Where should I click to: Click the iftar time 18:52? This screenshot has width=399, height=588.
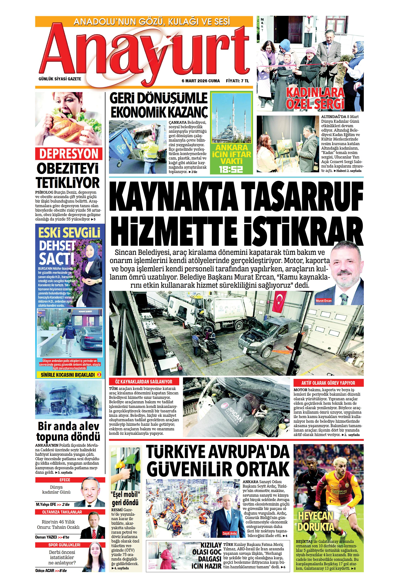point(231,169)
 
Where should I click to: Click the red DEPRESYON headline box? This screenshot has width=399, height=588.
point(69,154)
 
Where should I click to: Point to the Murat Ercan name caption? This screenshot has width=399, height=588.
point(323,301)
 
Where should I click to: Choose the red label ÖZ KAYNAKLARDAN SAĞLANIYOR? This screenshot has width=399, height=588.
point(144,382)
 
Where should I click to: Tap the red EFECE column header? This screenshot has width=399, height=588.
point(65,480)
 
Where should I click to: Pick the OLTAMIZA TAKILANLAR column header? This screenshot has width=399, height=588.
point(62,512)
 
